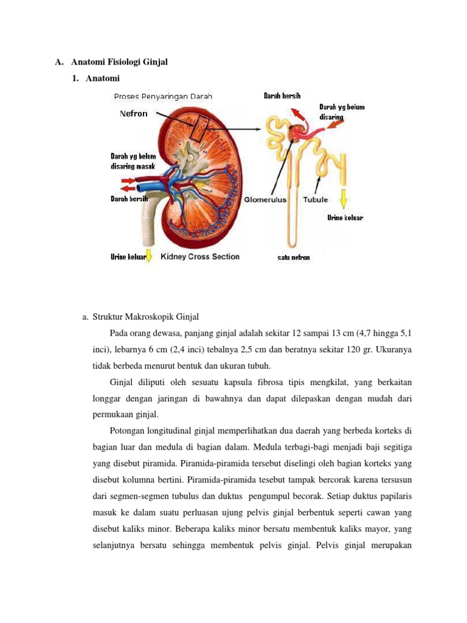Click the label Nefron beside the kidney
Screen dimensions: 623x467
pos(133,113)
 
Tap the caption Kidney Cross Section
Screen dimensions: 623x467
pos(200,257)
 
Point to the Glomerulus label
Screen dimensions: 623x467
pos(268,199)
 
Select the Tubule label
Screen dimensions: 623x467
pos(315,199)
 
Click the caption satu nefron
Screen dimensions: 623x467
pos(293,257)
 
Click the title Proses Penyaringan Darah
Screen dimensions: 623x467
pos(164,96)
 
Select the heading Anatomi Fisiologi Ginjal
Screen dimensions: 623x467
pos(119,62)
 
